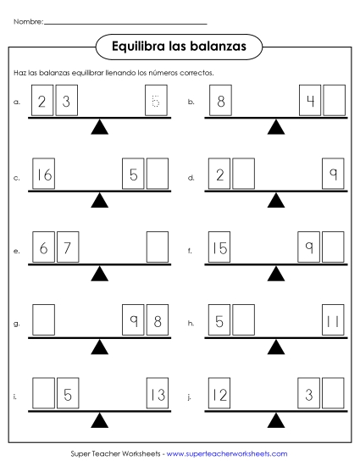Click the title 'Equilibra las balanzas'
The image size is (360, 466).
[179, 47]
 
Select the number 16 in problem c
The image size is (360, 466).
[44, 176]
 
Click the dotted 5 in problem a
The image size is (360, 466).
[156, 103]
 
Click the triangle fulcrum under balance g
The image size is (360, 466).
[101, 347]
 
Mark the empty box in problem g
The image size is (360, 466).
[44, 323]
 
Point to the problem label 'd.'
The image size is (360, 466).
[192, 178]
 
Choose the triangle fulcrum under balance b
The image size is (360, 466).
[275, 127]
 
